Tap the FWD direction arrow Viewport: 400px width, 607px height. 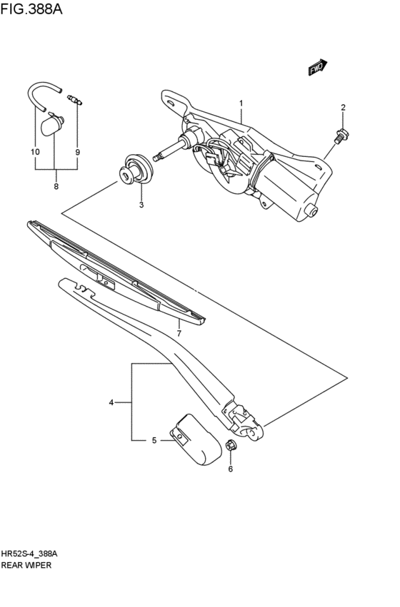pyautogui.click(x=317, y=67)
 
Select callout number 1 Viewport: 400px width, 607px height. pyautogui.click(x=241, y=103)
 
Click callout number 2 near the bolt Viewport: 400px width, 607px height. pyautogui.click(x=343, y=108)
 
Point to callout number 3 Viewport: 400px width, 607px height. pyautogui.click(x=141, y=205)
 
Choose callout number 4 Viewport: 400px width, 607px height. pyautogui.click(x=111, y=403)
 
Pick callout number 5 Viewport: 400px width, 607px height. pyautogui.click(x=154, y=441)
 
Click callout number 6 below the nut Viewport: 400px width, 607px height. pyautogui.click(x=231, y=469)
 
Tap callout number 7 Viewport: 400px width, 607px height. pyautogui.click(x=179, y=332)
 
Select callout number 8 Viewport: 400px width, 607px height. pyautogui.click(x=56, y=187)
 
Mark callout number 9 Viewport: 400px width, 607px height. pyautogui.click(x=77, y=152)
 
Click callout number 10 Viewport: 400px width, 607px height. pyautogui.click(x=35, y=152)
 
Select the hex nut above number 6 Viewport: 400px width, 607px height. pyautogui.click(x=231, y=447)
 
